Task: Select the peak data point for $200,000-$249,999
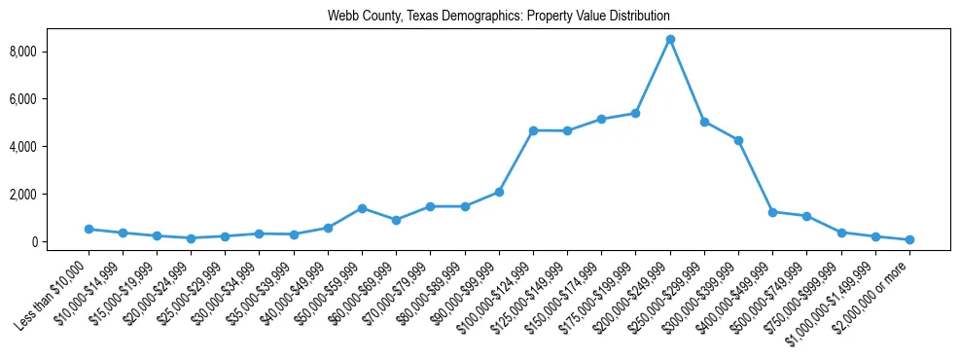point(670,39)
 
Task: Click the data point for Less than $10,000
point(89,230)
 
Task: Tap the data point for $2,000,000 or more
point(909,239)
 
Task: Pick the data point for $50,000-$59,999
point(362,208)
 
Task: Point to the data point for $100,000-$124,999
point(533,130)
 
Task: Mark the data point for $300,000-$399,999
point(738,140)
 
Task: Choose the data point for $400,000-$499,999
point(772,212)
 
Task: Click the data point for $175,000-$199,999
point(635,113)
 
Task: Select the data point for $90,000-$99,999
point(499,192)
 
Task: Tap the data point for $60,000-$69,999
point(396,220)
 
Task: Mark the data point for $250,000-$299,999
point(704,122)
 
